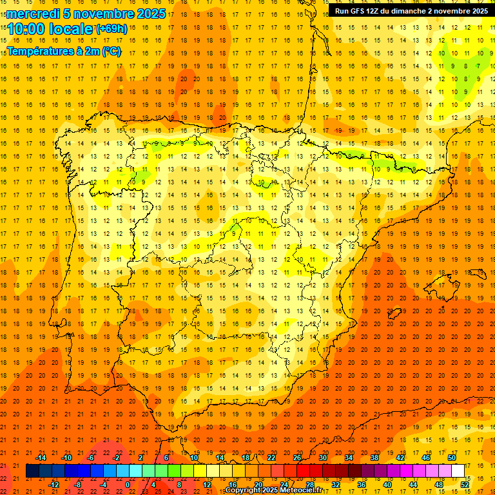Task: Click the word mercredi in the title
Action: point(33,14)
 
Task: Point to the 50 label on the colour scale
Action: point(452,458)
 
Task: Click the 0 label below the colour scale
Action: point(128,485)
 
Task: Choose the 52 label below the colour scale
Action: point(465,485)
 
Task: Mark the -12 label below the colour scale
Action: point(53,485)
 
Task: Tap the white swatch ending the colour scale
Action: point(458,471)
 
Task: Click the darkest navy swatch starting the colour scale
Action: point(32,471)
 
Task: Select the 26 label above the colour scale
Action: point(297,458)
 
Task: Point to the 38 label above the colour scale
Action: point(374,458)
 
